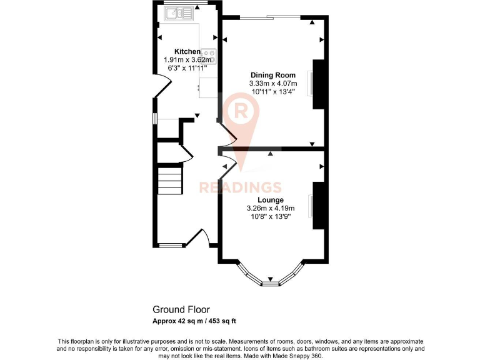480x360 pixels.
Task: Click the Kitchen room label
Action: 187,51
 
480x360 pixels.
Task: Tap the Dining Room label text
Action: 272,75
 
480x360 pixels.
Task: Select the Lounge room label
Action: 271,200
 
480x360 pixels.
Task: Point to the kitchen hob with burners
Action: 208,56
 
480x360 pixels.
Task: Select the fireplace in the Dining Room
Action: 318,84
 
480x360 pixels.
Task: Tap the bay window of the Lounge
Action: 271,279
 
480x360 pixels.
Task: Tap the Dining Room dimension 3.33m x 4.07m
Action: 272,83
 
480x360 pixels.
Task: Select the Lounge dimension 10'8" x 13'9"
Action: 271,216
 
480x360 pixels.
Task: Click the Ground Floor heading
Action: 181,309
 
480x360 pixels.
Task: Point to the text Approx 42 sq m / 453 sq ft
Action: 194,321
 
